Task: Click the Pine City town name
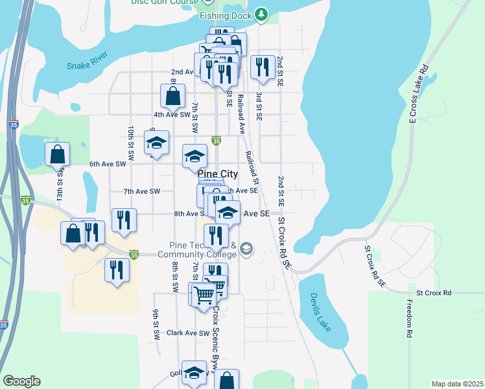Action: click(217, 174)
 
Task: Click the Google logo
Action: click(21, 381)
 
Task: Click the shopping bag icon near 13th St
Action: click(58, 154)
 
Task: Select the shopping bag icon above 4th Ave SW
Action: click(173, 97)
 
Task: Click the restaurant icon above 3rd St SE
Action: click(262, 67)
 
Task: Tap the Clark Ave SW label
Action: click(188, 333)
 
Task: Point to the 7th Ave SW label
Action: click(141, 191)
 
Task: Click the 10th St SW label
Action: click(131, 143)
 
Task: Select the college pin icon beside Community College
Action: click(246, 248)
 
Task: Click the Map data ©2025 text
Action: click(457, 384)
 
